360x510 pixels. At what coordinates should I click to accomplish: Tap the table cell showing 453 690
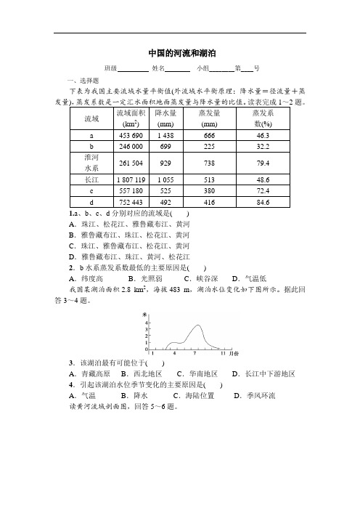(131, 135)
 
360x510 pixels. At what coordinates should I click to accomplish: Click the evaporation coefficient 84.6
(263, 201)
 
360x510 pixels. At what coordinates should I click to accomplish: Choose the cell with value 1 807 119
(131, 179)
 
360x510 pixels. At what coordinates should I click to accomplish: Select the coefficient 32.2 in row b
(263, 146)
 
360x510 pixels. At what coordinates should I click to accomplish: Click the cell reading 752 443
(131, 201)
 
